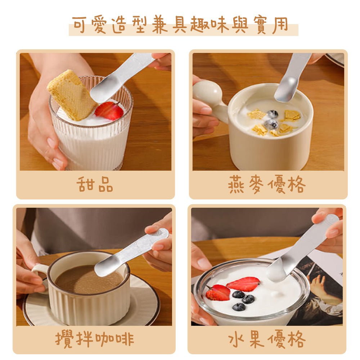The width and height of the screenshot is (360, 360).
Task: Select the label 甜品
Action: point(95,184)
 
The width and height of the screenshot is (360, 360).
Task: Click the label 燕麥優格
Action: point(267,185)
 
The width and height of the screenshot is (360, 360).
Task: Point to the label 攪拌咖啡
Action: point(95,339)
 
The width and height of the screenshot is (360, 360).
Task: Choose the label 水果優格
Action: point(267,339)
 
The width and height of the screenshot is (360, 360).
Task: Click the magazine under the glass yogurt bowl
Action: point(320,284)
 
